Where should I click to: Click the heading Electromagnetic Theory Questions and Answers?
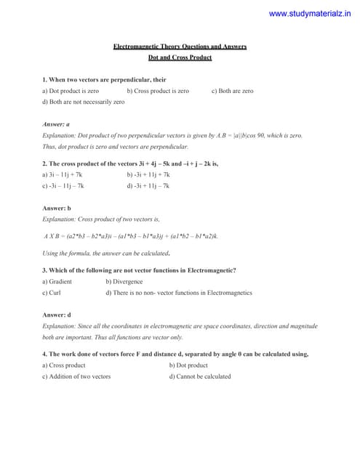pyautogui.click(x=180, y=46)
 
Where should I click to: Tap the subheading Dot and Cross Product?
pyautogui.click(x=180, y=57)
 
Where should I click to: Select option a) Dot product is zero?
pyautogui.click(x=71, y=92)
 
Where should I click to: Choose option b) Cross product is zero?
pyautogui.click(x=158, y=92)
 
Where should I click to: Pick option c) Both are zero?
pyautogui.click(x=233, y=92)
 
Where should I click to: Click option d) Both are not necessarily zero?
pyautogui.click(x=84, y=102)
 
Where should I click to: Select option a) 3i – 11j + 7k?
pyautogui.click(x=63, y=175)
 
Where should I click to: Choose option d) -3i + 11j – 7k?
pyautogui.click(x=148, y=186)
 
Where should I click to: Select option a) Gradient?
pyautogui.click(x=57, y=282)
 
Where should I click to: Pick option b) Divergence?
pyautogui.click(x=124, y=282)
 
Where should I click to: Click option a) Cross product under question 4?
pyautogui.click(x=64, y=365)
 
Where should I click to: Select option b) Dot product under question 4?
pyautogui.click(x=188, y=365)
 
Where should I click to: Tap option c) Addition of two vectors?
pyautogui.click(x=76, y=376)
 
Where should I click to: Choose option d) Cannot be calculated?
pyautogui.click(x=200, y=376)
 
